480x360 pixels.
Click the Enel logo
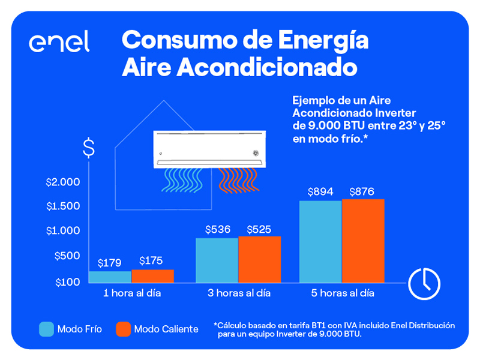tap(59, 42)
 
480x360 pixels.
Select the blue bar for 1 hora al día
tap(110, 277)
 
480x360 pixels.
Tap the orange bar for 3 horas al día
tap(259, 259)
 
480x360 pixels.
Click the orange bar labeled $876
tap(363, 241)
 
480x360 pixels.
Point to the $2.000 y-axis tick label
tap(63, 182)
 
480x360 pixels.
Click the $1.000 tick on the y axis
tap(63, 231)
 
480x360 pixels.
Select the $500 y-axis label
tap(67, 256)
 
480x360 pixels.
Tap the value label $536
tap(217, 229)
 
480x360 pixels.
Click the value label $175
tap(151, 261)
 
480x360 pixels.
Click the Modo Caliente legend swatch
tap(123, 329)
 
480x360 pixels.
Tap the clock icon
tap(424, 282)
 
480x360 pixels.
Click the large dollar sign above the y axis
tap(89, 148)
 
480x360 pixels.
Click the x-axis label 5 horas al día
tap(341, 293)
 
